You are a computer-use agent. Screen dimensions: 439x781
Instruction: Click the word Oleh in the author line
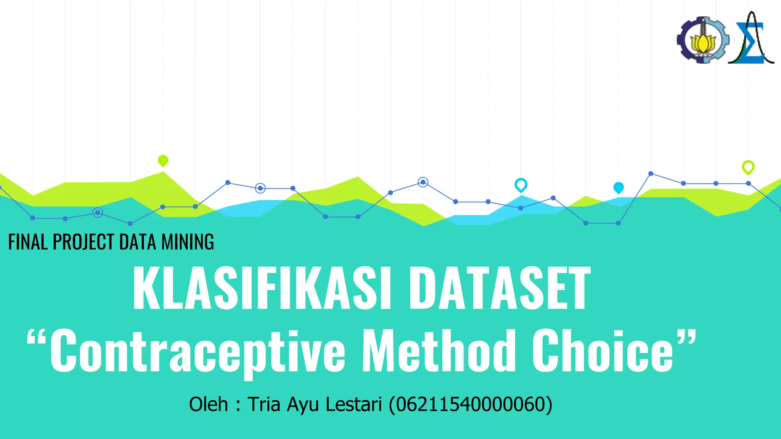pyautogui.click(x=208, y=404)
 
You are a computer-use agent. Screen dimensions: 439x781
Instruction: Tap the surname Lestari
pyautogui.click(x=354, y=404)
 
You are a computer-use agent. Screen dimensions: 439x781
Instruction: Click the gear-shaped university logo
pyautogui.click(x=703, y=40)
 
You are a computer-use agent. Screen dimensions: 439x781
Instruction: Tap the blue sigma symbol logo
pyautogui.click(x=750, y=42)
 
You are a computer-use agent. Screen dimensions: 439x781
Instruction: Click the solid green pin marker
pyautogui.click(x=163, y=160)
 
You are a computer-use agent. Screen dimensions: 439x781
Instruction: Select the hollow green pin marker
pyautogui.click(x=748, y=167)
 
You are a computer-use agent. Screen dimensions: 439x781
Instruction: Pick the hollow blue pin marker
pyautogui.click(x=521, y=185)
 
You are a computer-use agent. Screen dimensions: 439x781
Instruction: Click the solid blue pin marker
pyautogui.click(x=618, y=187)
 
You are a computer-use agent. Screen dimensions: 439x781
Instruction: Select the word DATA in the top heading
pyautogui.click(x=138, y=242)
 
